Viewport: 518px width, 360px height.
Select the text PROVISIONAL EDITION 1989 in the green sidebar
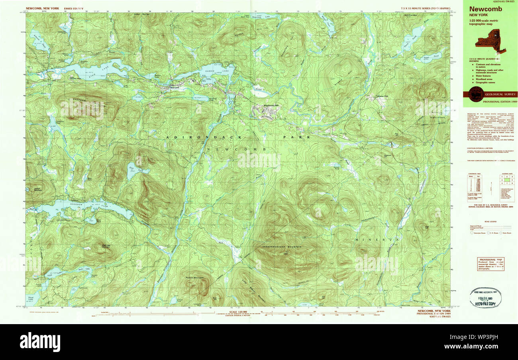499,102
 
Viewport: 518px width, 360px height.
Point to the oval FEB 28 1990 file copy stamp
484,297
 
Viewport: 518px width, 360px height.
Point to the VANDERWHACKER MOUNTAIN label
281,247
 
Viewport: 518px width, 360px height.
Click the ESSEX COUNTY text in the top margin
73,8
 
